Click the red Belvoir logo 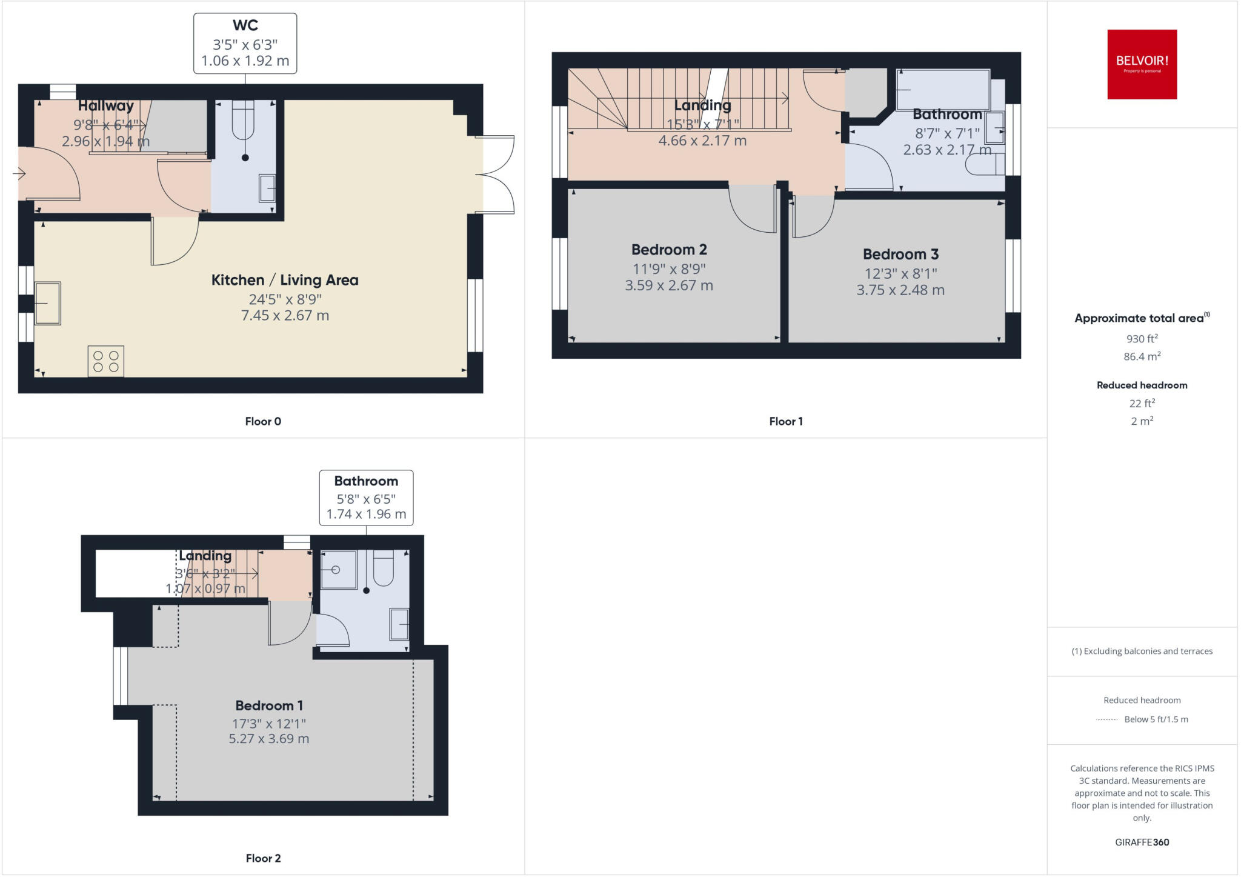tap(1142, 64)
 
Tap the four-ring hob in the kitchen tap(106, 361)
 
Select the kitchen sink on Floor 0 tap(47, 303)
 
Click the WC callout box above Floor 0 tap(245, 44)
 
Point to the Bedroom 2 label tap(669, 250)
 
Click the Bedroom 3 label tap(900, 255)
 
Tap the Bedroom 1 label tap(269, 705)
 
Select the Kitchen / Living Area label tap(285, 280)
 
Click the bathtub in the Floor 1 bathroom tap(943, 90)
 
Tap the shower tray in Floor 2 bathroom tap(338, 570)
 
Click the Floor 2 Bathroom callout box tap(366, 498)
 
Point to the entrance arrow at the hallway tap(19, 174)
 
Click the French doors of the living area tap(496, 175)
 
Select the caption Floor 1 tap(785, 421)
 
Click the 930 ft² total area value tap(1142, 339)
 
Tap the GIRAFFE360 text tap(1142, 842)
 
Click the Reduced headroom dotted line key tap(1106, 719)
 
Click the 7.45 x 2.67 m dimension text tap(285, 315)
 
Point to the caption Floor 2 tap(263, 858)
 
